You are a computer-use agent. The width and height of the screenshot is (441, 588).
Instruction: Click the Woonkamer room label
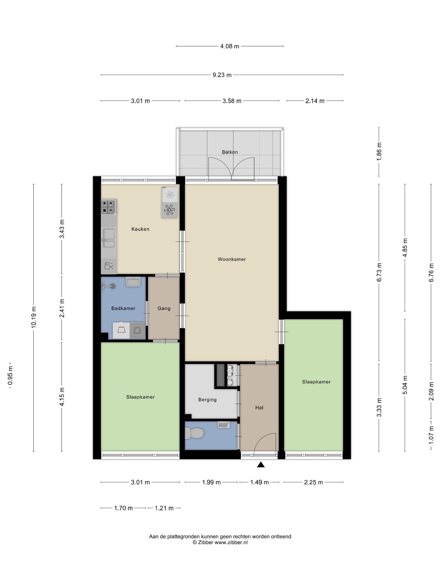pos(232,259)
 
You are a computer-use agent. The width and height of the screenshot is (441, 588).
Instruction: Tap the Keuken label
pos(140,229)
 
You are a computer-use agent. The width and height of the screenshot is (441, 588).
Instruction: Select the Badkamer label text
pos(123,308)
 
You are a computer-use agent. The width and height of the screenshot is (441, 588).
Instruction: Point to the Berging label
pos(207,400)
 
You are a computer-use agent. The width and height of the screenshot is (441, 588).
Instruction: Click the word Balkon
pos(230,152)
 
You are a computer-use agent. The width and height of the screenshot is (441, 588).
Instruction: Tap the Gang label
pos(164,308)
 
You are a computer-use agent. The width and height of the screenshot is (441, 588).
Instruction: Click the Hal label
pos(259,408)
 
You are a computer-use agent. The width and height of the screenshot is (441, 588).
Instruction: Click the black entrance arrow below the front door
pos(261,464)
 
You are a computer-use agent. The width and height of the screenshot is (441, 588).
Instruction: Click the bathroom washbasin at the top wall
pos(133,282)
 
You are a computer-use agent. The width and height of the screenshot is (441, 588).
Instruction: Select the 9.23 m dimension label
pos(222,75)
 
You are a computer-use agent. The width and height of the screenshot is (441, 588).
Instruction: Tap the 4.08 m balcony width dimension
pos(230,46)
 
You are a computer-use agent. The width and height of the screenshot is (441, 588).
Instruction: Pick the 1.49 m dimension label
pos(259,482)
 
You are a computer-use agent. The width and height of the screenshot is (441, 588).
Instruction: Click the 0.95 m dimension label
pos(10,375)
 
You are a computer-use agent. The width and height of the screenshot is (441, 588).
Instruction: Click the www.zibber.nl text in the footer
pos(231,543)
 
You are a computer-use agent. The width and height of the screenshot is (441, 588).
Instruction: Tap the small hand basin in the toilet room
pos(224,425)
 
